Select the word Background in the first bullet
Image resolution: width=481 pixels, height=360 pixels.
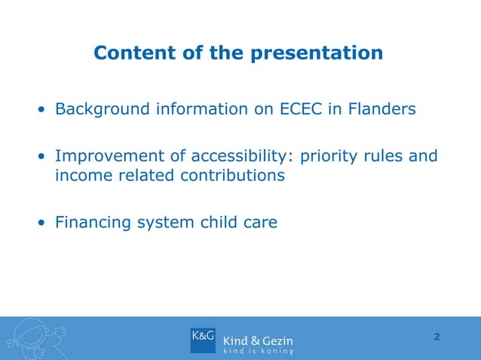pos(102,110)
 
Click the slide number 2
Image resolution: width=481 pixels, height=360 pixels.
pos(437,336)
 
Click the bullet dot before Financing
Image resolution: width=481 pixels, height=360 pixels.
pos(44,224)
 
